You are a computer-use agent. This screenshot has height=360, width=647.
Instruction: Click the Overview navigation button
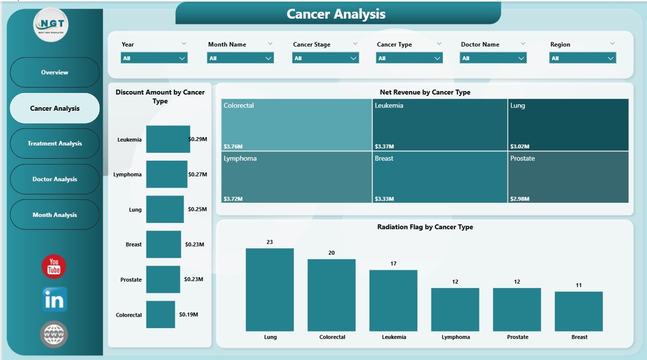tap(55, 72)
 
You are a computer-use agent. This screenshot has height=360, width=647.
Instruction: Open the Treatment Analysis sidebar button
tap(55, 144)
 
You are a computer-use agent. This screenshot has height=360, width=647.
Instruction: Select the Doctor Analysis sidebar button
tap(55, 179)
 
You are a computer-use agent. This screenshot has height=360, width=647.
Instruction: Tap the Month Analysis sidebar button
tap(55, 215)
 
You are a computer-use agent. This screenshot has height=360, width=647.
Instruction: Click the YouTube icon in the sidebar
tap(54, 266)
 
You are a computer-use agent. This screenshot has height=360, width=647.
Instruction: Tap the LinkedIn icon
tap(54, 300)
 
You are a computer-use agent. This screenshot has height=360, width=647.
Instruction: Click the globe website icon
tap(54, 334)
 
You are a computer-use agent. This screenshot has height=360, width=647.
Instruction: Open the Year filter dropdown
tap(154, 58)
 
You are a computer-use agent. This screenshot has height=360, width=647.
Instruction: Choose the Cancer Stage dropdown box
tap(326, 58)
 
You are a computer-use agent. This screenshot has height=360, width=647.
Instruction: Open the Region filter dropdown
tap(582, 58)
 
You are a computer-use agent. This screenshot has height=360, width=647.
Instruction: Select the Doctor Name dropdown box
tap(493, 58)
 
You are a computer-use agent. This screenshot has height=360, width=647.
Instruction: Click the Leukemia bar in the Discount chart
tap(168, 139)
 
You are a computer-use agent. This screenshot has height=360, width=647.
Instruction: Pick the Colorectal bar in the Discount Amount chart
tap(160, 314)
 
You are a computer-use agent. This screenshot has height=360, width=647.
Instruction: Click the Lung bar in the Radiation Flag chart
tap(269, 289)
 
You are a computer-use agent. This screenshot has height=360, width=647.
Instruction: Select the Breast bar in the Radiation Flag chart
tap(578, 311)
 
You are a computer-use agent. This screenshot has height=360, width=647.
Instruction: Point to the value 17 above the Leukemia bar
tap(393, 263)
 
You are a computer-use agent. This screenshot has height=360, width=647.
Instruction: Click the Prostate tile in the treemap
tap(568, 177)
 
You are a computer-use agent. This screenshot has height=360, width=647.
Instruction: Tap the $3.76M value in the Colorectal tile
tap(233, 147)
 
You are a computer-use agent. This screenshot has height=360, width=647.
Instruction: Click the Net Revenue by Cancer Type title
tap(425, 92)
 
